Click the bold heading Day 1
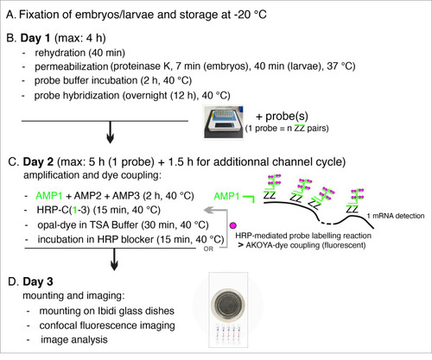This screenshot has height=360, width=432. (x=35, y=38)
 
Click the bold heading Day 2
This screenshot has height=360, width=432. (x=38, y=161)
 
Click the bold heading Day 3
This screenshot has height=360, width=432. (x=38, y=281)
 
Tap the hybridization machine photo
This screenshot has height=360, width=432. (x=224, y=122)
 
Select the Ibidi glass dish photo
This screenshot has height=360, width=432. (x=228, y=310)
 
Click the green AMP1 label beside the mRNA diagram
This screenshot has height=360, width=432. (x=226, y=196)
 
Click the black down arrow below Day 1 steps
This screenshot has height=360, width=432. (x=110, y=132)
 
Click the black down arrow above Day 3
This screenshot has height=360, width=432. (x=114, y=259)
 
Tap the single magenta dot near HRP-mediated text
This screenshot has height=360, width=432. (x=233, y=225)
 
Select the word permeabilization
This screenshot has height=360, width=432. (x=71, y=66)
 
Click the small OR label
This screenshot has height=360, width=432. (x=208, y=249)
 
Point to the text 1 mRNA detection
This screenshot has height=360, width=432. (x=396, y=216)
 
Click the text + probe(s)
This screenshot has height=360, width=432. (x=282, y=117)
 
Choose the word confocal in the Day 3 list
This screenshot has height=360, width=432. (x=58, y=325)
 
